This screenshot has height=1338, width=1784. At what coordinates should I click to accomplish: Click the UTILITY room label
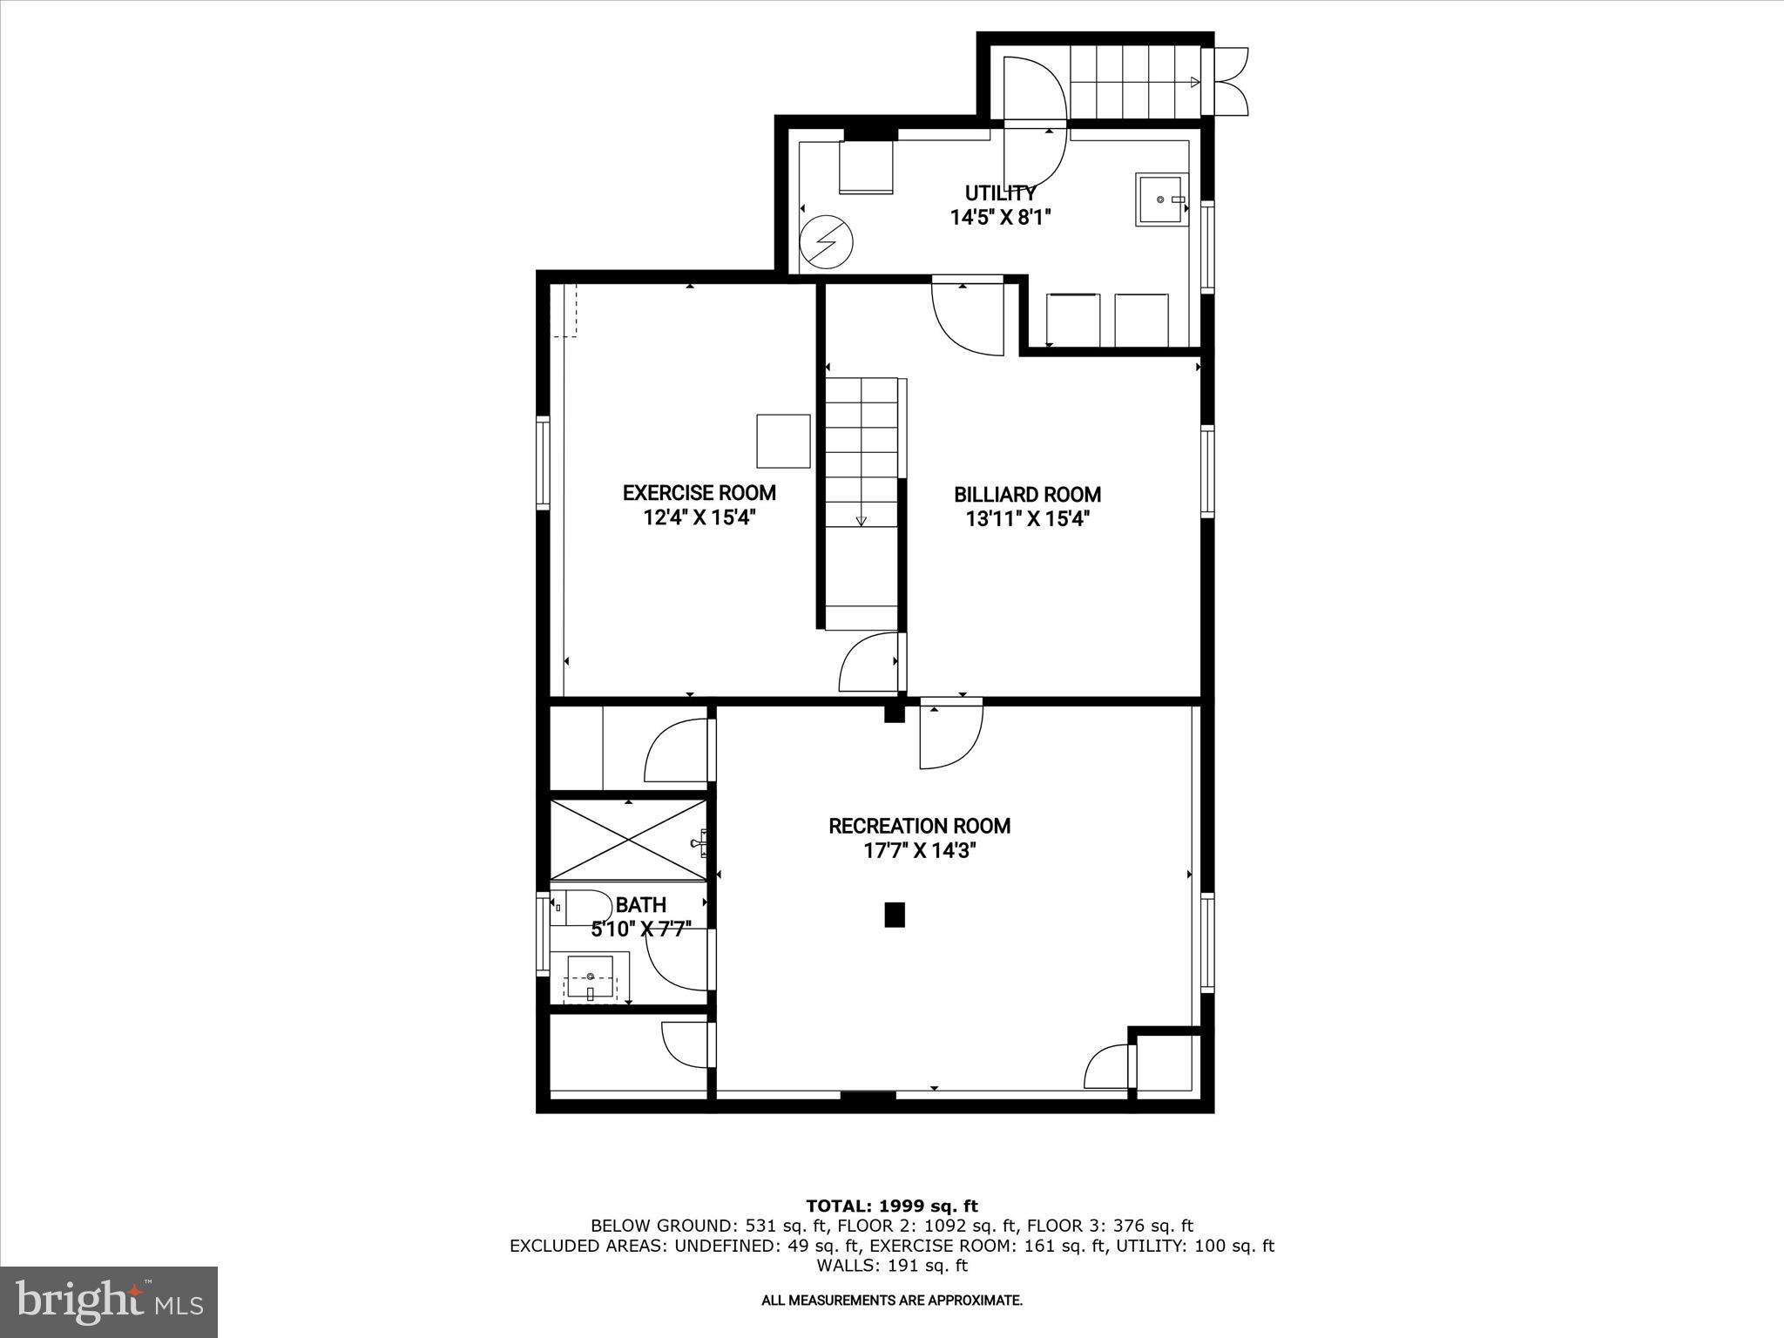pos(1000,193)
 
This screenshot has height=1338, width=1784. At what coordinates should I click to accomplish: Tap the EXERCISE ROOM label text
pos(699,493)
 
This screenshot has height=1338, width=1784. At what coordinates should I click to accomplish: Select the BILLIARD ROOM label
pos(1027,495)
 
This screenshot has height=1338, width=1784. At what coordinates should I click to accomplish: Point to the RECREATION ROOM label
pos(919,826)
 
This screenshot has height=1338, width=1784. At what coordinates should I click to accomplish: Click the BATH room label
pos(640,905)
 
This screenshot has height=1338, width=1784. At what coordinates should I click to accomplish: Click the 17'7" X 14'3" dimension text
pos(919,851)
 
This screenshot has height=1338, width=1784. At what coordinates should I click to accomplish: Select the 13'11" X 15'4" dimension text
pos(1027,520)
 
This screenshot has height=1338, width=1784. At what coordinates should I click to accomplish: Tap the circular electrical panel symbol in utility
pos(826,241)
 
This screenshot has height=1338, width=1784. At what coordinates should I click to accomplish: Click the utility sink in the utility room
pos(1160,199)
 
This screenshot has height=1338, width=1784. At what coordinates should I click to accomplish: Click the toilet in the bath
pos(580,909)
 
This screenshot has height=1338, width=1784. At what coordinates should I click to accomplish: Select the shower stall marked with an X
pos(628,840)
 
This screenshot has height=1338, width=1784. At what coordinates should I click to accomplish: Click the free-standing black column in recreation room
pos(895,915)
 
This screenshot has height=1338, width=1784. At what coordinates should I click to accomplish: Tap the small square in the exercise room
pos(783,441)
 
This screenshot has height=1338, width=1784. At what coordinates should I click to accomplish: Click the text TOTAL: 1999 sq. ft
pos(892,1206)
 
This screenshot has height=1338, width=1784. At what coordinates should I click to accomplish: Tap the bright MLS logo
pos(109,1302)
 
